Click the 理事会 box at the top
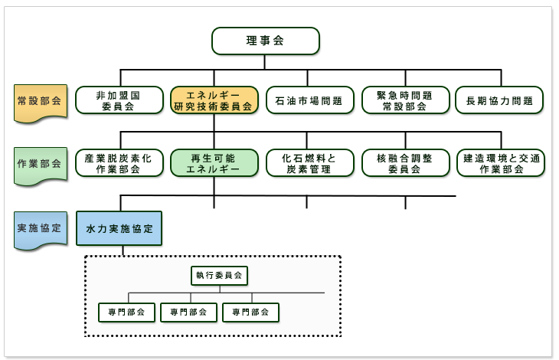[x=265, y=41]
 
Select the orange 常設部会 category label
[x=39, y=101]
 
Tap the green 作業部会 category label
[x=39, y=164]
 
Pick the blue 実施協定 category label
[x=39, y=228]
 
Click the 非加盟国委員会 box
[x=119, y=100]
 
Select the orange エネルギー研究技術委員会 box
[x=214, y=100]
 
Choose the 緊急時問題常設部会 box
[x=405, y=100]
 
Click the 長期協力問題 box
[x=499, y=100]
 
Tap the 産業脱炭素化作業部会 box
[x=119, y=163]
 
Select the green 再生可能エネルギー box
[x=214, y=163]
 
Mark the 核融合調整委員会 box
[x=405, y=163]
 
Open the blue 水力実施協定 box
[x=119, y=228]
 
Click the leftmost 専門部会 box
[x=127, y=312]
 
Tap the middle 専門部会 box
[x=189, y=312]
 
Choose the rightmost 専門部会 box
[x=250, y=312]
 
